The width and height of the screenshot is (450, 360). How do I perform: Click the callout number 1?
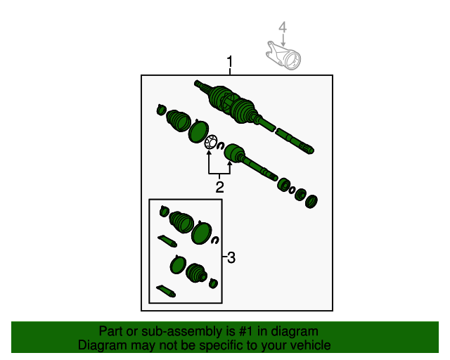230,61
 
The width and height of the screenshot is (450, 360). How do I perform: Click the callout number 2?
219,187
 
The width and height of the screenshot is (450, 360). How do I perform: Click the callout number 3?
231,257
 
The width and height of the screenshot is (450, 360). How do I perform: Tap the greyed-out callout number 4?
283,27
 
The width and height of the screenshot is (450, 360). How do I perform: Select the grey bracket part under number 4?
283,56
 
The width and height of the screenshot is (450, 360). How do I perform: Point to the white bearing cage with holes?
211,142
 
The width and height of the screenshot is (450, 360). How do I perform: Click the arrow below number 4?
283,40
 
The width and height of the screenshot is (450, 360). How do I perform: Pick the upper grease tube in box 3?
167,240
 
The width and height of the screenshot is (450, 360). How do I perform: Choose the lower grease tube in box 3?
166,291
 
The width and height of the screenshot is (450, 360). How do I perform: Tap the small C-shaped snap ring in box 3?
215,240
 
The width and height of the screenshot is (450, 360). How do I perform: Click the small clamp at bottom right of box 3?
213,283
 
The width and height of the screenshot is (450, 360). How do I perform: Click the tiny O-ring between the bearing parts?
292,190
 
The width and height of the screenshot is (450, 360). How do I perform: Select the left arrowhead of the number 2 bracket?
209,152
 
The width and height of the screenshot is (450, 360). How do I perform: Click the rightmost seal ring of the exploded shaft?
311,201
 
